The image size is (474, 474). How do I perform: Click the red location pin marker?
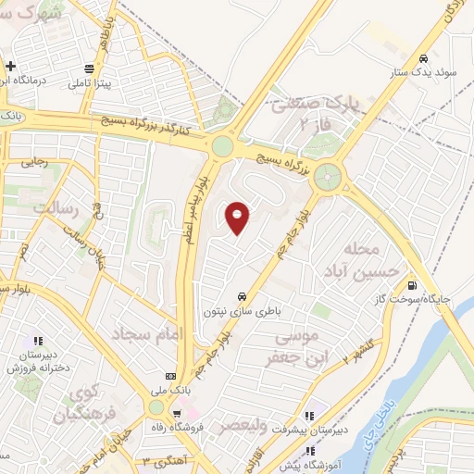[239, 217]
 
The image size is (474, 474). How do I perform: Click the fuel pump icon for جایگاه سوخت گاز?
[411, 284]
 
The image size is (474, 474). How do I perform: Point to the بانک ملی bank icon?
[169, 377]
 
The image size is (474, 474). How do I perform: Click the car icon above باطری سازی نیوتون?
[242, 296]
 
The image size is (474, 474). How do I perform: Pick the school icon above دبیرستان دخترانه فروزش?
[38, 340]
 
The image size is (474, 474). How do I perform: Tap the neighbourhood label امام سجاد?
[147, 332]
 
